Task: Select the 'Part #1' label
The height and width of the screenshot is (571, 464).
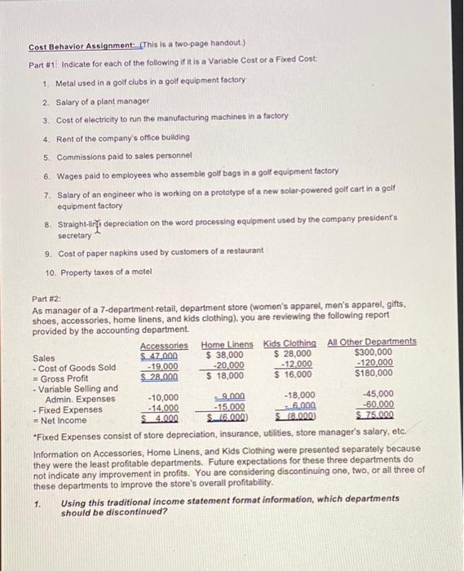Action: tap(42, 64)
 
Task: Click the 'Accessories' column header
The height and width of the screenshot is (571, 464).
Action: tap(164, 345)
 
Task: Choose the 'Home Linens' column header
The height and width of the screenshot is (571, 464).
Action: tap(228, 345)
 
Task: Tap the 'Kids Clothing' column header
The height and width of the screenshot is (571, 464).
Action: tap(289, 345)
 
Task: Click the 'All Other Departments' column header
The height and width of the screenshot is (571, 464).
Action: tap(371, 342)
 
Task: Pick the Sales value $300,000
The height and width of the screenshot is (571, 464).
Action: tap(373, 352)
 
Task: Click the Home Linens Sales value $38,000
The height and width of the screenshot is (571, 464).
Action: tap(225, 356)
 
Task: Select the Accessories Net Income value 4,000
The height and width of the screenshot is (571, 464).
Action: tap(161, 418)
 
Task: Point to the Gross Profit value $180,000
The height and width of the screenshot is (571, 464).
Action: tap(373, 373)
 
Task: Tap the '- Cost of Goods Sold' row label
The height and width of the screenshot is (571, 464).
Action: tap(74, 367)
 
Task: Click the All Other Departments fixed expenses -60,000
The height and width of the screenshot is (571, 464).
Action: tap(378, 405)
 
